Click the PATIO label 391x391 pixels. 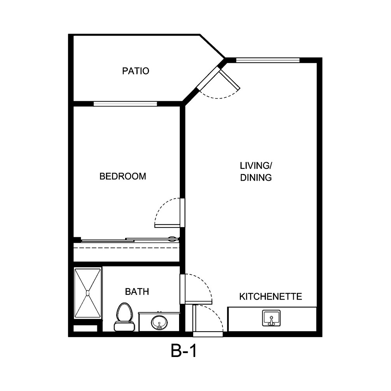coord(136,71)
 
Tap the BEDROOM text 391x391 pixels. coord(123,176)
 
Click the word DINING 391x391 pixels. coord(256,178)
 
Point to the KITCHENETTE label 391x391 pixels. coord(271,297)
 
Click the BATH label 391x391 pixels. coord(137,292)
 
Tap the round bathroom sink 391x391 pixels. coord(159,322)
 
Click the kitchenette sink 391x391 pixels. coord(271,319)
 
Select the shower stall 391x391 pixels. coord(88,293)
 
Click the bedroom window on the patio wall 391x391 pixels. coord(125,104)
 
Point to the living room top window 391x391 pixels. coord(268,60)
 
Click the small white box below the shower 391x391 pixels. coord(85,328)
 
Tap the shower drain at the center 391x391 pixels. coord(88,292)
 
